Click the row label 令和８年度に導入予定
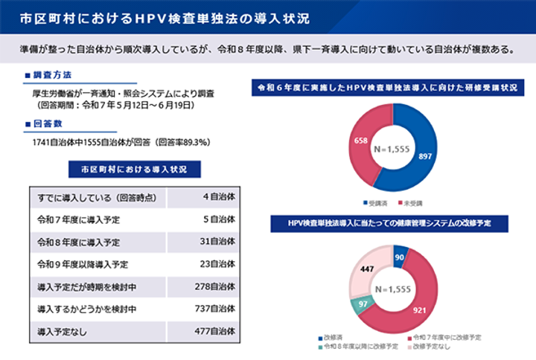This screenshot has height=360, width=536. click(78, 242)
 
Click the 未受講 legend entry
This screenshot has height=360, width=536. click(412, 202)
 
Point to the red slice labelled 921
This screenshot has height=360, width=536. click(421, 308)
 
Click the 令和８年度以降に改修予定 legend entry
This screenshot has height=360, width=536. click(357, 347)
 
